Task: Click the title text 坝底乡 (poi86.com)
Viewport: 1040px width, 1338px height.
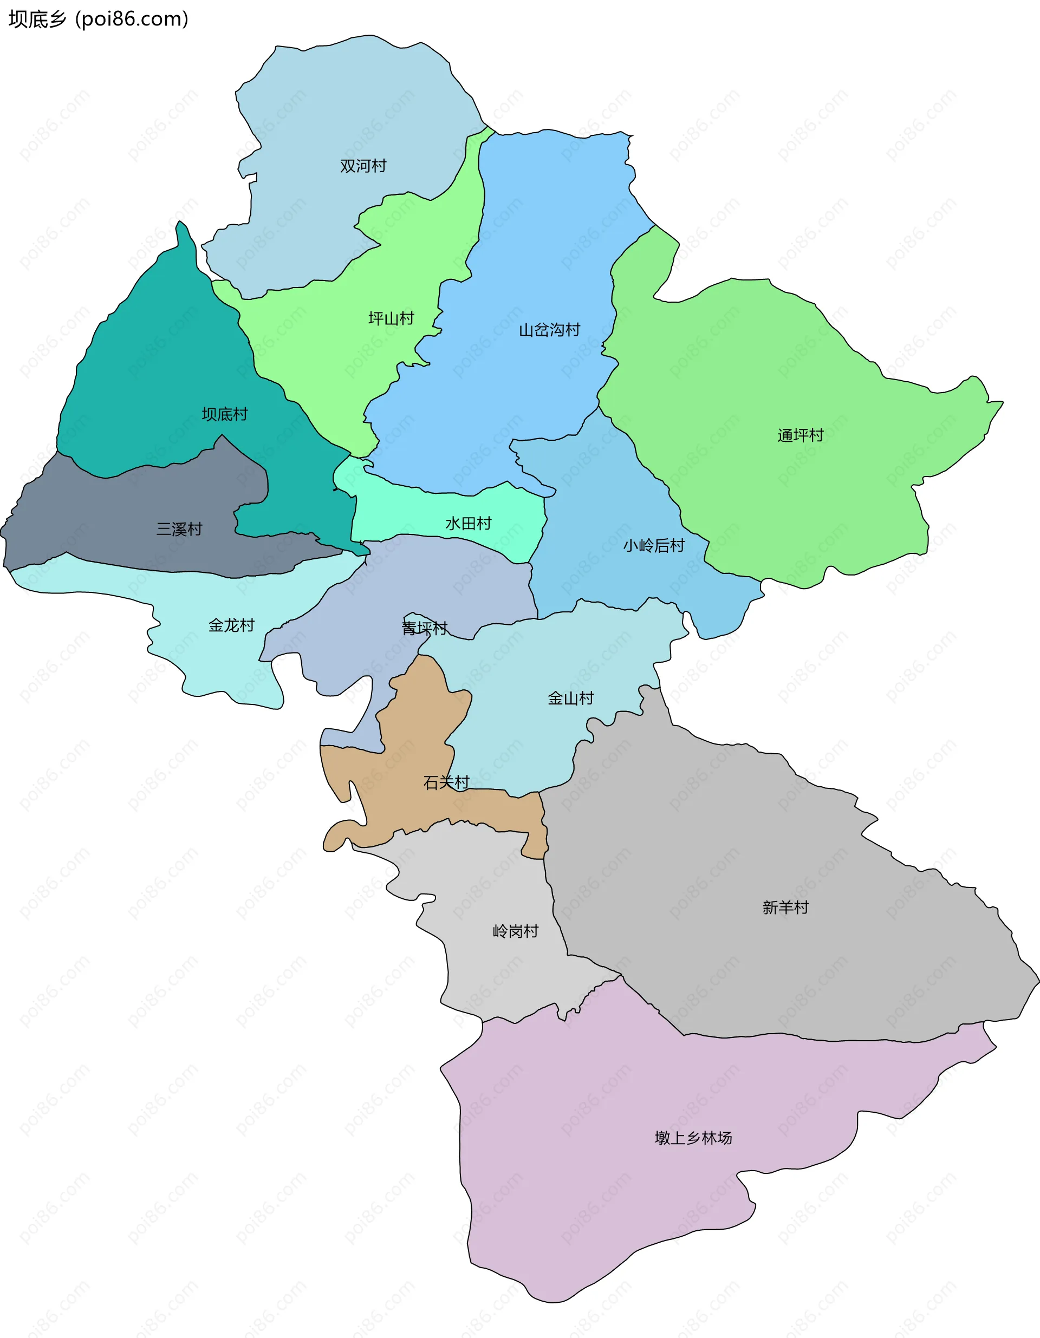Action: coord(98,19)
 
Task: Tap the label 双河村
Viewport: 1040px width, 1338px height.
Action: coord(363,166)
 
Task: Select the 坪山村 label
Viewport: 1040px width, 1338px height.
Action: coord(391,318)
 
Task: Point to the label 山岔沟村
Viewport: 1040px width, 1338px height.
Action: coord(549,330)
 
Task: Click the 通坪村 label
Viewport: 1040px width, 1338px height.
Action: coord(801,435)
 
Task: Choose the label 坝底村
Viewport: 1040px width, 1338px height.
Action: coord(225,415)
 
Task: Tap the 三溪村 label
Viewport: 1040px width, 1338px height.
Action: coord(179,530)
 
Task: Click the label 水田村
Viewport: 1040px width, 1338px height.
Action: coord(468,524)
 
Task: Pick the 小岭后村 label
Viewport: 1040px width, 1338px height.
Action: coord(653,546)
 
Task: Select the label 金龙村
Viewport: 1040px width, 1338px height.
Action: coord(231,625)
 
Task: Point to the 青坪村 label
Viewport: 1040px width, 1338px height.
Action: coord(424,629)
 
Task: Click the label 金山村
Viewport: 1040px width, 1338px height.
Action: coord(570,699)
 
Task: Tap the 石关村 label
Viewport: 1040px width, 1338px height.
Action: coord(446,782)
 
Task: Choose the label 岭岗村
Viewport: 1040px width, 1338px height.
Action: coord(516,932)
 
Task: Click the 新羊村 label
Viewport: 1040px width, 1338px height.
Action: coord(785,908)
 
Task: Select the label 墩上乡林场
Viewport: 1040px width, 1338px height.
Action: coord(693,1138)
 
